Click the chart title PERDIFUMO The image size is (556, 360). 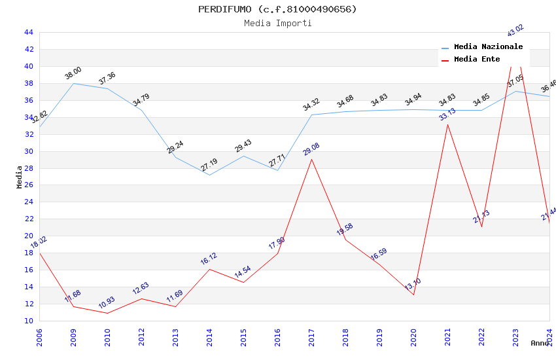tap(277, 9)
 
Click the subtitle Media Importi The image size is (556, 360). tap(277, 23)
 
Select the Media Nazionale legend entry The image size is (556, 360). tap(488, 46)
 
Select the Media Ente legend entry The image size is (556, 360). tap(477, 59)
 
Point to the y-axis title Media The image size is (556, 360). tap(19, 177)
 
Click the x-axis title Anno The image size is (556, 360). tap(540, 343)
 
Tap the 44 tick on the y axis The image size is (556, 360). tap(28, 32)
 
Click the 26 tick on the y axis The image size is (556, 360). tap(28, 185)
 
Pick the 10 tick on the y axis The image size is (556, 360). tap(28, 321)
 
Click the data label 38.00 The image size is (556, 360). tap(73, 73)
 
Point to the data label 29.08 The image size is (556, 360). tap(311, 149)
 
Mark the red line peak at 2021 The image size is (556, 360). tap(447, 124)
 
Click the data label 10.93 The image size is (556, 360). tap(107, 302)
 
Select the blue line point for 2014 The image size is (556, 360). tap(209, 175)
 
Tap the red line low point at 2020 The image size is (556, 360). tap(413, 295)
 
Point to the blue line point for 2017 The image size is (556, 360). tap(311, 115)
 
